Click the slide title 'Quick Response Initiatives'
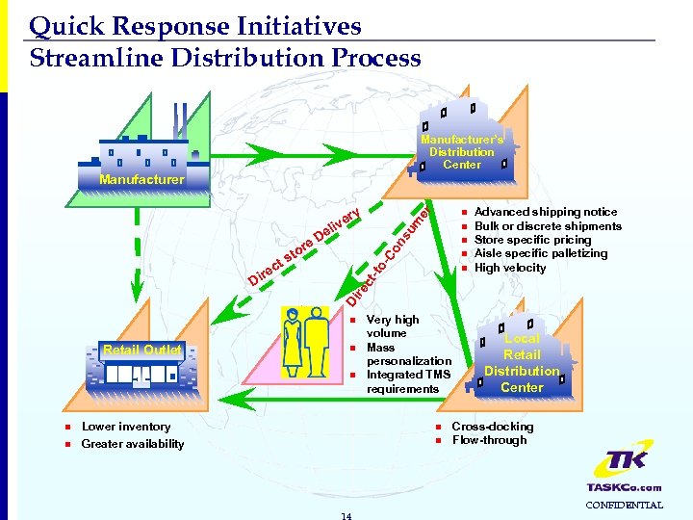click(x=195, y=26)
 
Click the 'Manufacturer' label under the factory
click(x=141, y=180)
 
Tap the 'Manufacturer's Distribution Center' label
click(x=461, y=152)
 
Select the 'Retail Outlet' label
click(x=142, y=350)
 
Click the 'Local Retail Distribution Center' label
click(x=522, y=363)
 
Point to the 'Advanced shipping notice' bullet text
click(x=546, y=212)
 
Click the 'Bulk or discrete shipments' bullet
click(x=548, y=226)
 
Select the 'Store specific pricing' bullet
click(x=532, y=240)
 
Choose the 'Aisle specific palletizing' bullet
click(x=541, y=253)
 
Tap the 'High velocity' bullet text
click(x=510, y=268)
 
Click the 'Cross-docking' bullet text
click(x=492, y=427)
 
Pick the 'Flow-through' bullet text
click(x=489, y=440)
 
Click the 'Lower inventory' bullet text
click(x=126, y=427)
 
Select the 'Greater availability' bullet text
click(x=133, y=444)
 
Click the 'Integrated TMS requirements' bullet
click(x=408, y=381)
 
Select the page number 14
click(x=346, y=515)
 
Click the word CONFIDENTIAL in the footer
click(x=625, y=505)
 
